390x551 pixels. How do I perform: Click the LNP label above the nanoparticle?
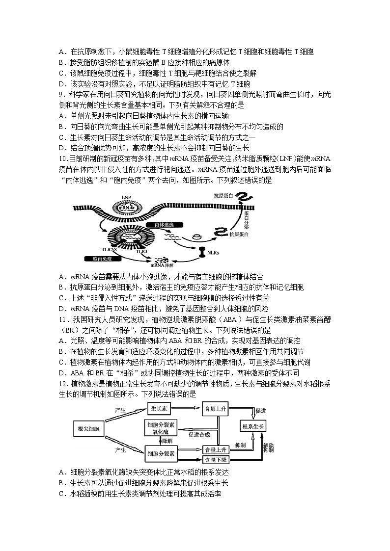[x=126, y=196]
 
